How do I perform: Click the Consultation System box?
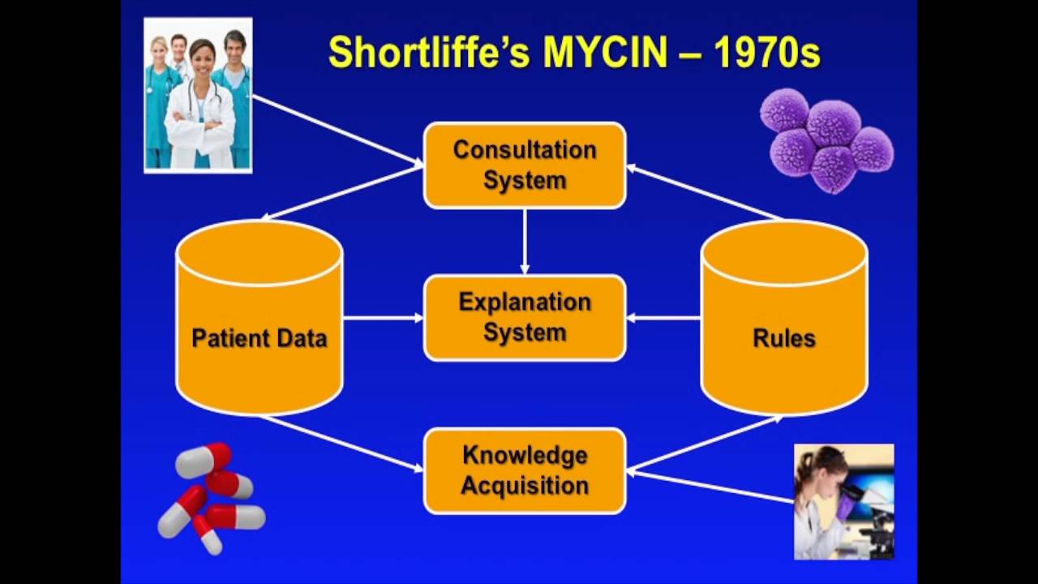click(x=525, y=165)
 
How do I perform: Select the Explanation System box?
click(x=525, y=317)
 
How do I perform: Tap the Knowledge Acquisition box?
click(x=525, y=470)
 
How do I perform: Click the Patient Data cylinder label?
click(x=259, y=338)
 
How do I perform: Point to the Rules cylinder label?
click(x=784, y=338)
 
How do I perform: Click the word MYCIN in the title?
click(x=605, y=53)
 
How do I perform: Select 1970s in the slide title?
click(x=767, y=53)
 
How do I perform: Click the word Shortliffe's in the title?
click(x=429, y=53)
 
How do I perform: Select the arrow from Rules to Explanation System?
click(x=663, y=317)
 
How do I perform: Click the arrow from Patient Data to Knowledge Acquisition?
click(x=341, y=443)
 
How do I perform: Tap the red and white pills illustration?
click(x=210, y=497)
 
